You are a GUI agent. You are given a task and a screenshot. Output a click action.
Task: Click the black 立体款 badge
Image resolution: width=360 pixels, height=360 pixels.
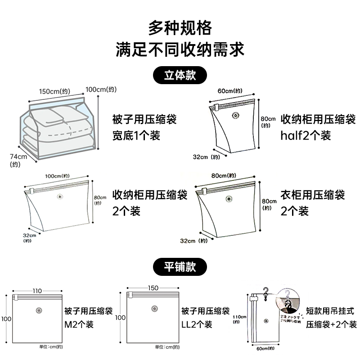pos(180,75)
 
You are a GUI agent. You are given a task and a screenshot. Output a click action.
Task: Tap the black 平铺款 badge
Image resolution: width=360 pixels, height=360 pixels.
pos(180,266)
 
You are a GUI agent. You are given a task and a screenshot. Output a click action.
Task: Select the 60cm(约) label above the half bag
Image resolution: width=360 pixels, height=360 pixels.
pos(230,91)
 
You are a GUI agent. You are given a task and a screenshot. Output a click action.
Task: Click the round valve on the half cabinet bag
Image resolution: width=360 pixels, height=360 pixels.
pos(234,116)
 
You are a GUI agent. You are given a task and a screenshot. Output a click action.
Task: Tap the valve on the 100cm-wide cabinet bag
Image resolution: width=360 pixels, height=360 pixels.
pos(59,197)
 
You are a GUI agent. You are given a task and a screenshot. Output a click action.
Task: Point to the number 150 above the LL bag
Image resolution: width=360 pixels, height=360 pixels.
pos(153,288)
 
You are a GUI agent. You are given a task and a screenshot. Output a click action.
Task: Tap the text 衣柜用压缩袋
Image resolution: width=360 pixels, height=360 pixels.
pos(313,195)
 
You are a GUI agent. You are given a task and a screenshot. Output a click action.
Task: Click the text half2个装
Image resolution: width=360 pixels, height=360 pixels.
pos(306,135)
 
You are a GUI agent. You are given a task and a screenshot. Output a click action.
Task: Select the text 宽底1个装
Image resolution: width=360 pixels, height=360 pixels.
pos(136,135)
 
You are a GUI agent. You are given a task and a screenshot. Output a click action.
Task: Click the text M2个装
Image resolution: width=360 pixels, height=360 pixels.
pos(78,324)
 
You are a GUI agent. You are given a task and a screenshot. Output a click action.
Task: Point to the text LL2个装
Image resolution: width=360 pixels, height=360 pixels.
pos(196,324)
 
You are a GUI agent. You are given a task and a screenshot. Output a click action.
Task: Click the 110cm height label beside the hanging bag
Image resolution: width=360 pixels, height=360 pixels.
pos(238,317)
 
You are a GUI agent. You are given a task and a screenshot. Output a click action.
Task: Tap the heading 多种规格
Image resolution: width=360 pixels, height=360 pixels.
pos(180,28)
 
